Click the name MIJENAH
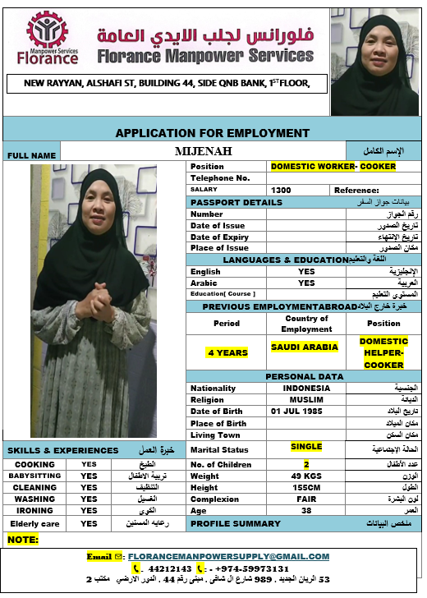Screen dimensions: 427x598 pos(204,151)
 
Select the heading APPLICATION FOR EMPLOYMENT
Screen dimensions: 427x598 pos(212,133)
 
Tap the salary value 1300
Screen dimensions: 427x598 pos(281,190)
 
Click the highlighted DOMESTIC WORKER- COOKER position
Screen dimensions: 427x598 pos(333,167)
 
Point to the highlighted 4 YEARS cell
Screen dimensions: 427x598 pos(227,352)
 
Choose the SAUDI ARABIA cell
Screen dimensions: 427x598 pos(305,347)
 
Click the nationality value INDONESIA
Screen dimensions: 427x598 pos(306,389)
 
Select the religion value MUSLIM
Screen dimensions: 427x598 pos(306,400)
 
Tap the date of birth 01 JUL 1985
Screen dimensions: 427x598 pos(306,412)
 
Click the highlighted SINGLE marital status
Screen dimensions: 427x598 pos(306,447)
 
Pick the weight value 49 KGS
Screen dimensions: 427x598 pos(306,476)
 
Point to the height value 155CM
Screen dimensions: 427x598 pos(306,488)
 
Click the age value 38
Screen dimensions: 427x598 pos(306,510)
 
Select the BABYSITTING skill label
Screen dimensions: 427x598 pos(34,476)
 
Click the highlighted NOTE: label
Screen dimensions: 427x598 pos(22,540)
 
